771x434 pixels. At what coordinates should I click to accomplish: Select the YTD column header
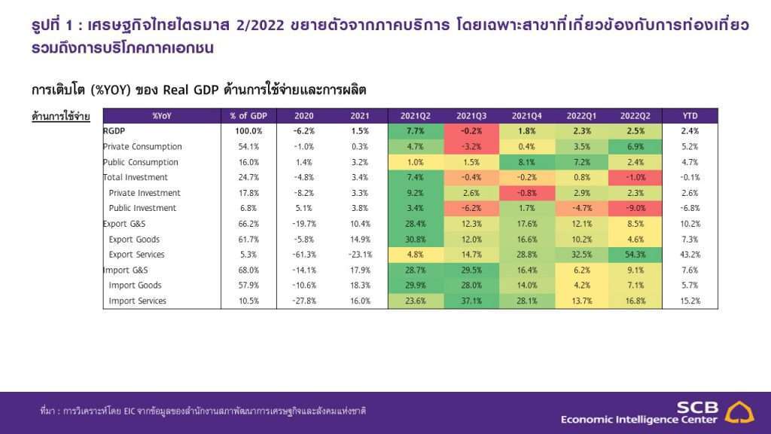690,116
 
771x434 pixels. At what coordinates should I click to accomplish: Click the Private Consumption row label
142,147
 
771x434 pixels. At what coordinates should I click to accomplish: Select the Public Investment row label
142,209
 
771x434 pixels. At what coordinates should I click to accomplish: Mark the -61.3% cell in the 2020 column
304,255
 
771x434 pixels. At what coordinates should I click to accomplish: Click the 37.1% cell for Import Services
471,301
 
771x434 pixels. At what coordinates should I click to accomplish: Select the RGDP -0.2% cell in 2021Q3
471,131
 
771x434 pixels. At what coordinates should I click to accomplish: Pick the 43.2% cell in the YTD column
690,255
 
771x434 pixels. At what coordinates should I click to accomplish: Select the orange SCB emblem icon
740,412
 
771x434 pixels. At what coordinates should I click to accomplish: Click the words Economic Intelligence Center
639,419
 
